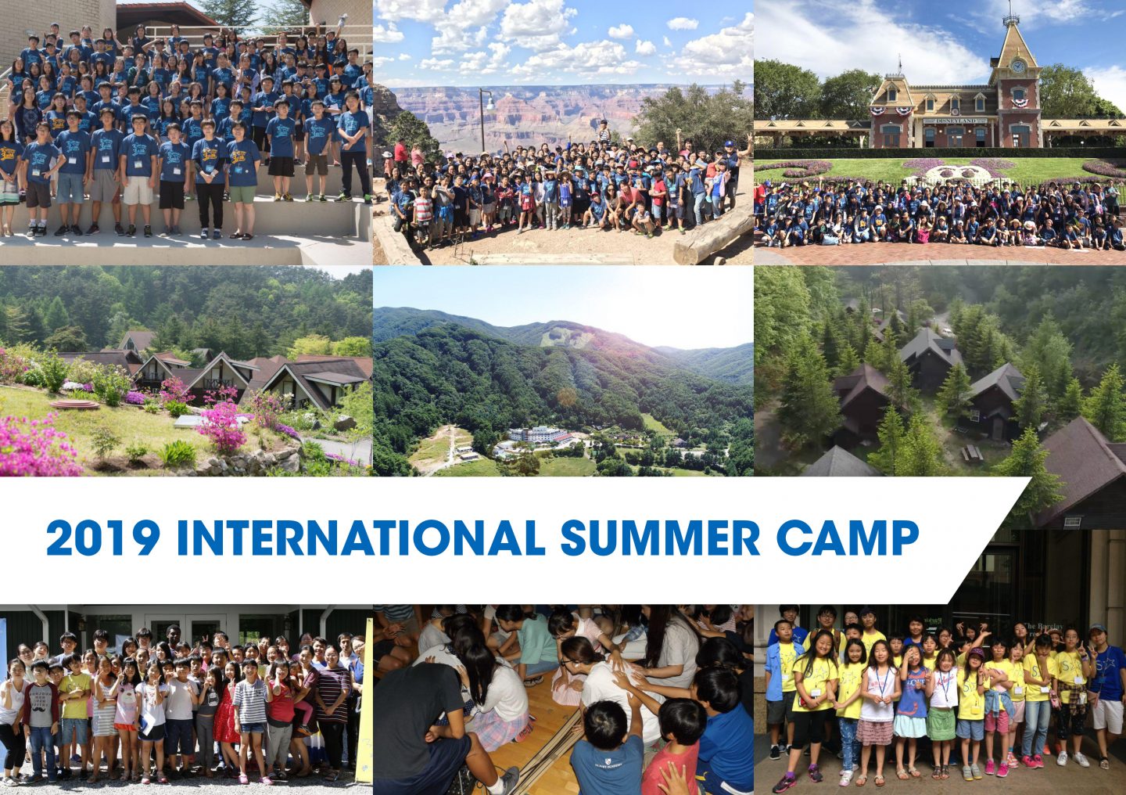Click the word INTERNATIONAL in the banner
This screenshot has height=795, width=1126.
[x=361, y=538]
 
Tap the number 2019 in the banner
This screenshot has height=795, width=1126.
[x=103, y=538]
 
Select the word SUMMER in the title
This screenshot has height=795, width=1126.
[x=660, y=538]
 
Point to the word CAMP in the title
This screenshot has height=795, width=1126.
[x=848, y=538]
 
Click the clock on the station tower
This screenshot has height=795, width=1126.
[x=1017, y=67]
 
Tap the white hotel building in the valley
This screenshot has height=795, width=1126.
[x=537, y=436]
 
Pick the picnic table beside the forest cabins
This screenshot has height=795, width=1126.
[x=974, y=453]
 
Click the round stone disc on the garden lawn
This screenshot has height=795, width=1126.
[x=74, y=404]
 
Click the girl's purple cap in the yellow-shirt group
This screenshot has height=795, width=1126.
[x=976, y=653]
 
